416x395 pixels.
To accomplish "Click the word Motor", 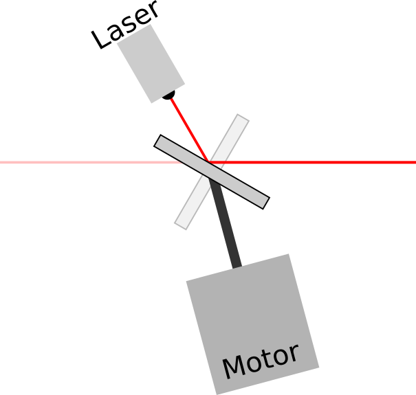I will coord(261,361).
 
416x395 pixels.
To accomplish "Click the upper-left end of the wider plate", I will coord(160,141).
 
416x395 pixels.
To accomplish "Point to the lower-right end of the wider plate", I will coord(263,202).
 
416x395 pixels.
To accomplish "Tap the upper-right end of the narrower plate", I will coord(243,119).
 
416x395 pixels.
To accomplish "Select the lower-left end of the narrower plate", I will coord(182,224).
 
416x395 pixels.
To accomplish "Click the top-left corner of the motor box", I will coord(186,280).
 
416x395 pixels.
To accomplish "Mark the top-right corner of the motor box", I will coord(288,254).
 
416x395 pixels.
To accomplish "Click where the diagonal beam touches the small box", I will coord(171,98).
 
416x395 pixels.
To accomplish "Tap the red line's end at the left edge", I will coord(1,163).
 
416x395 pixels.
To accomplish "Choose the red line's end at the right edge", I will coord(414,163).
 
